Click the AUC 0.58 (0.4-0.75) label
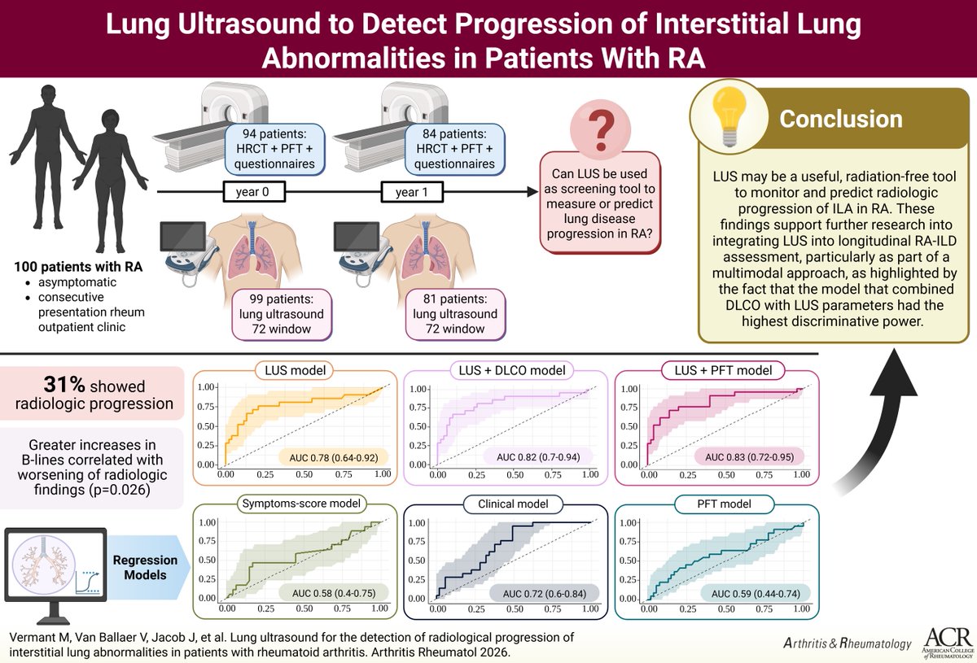[332, 592]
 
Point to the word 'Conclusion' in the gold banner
[841, 119]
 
